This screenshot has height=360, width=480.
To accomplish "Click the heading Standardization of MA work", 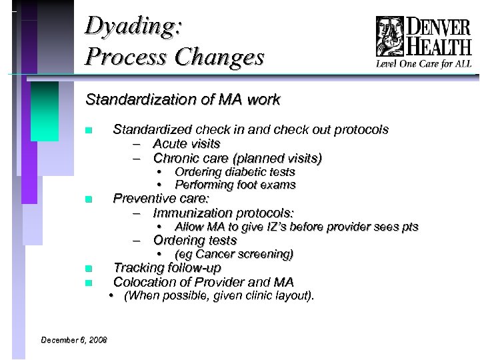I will pos(183,101).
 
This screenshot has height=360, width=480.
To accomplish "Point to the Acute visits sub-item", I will pos(187,143).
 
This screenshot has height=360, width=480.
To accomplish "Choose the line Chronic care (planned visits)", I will pos(237,158).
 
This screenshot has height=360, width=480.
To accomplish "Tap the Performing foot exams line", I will pos(235,185).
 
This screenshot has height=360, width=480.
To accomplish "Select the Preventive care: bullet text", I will pos(161,198).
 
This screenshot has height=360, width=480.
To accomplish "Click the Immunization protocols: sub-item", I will pos(223,213).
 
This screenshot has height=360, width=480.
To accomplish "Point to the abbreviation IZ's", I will pos(279,227).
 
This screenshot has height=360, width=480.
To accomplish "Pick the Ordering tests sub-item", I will pos(195,240).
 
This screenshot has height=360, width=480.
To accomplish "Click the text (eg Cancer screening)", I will pos(233,254).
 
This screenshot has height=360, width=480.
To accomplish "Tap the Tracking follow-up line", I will pos(167,268).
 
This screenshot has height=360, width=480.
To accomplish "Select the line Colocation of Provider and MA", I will pos(203,282).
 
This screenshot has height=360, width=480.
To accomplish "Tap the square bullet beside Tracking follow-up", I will pos(88,269).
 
